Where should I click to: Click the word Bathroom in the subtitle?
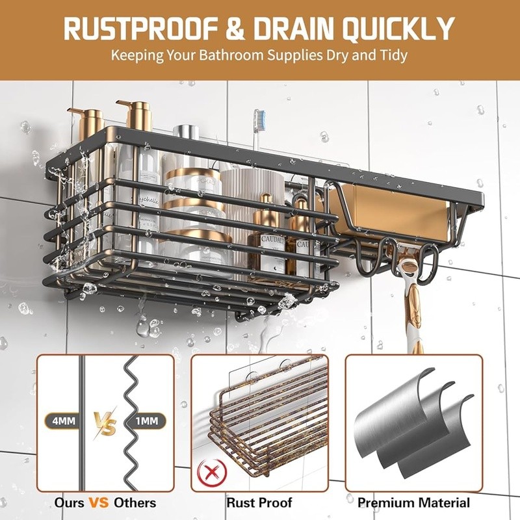tap(240, 55)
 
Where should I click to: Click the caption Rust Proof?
tap(259, 502)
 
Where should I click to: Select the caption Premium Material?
tap(413, 502)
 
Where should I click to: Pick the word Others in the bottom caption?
tap(135, 502)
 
